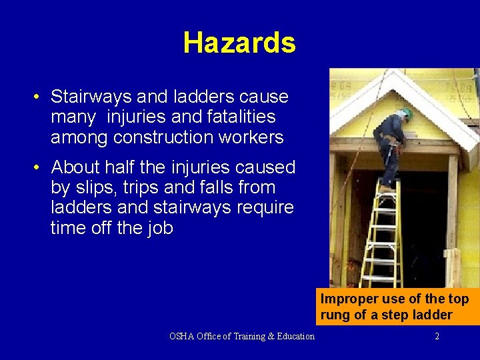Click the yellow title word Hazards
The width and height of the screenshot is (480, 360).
239,43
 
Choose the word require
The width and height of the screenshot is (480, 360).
261,208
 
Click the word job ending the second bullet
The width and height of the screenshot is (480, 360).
159,229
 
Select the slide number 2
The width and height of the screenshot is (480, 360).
437,336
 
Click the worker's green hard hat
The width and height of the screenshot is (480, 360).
407,114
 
